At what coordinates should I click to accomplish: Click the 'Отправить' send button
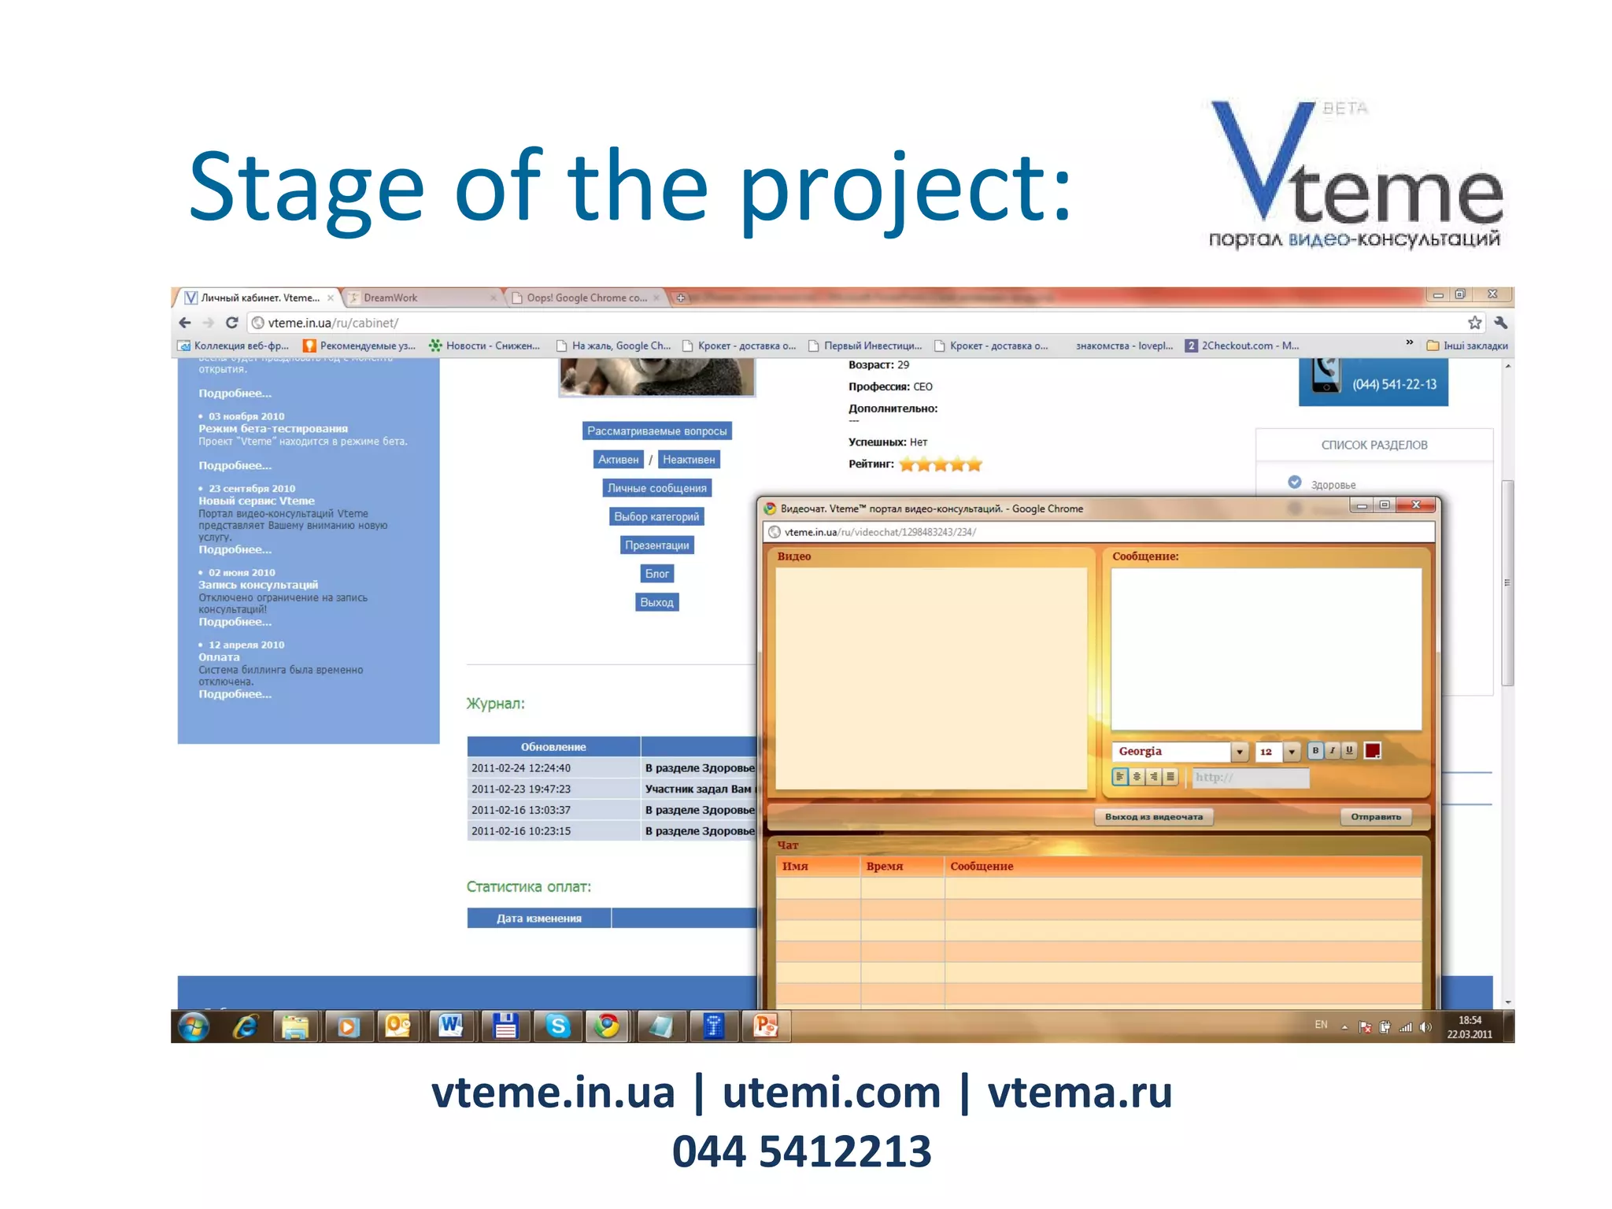coord(1375,817)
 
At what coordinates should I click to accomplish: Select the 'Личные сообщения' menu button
coord(656,488)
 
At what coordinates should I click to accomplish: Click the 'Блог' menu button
coord(656,574)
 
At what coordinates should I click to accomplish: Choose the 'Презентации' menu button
coord(656,545)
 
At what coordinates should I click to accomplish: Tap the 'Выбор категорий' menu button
coord(656,516)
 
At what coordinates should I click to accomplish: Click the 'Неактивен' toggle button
coord(689,460)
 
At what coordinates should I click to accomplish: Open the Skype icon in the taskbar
coord(558,1026)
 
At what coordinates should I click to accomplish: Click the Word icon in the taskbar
coord(451,1026)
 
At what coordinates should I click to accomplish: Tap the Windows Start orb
coord(194,1026)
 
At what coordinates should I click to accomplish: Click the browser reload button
coord(231,323)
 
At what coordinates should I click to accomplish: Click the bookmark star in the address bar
coord(1474,323)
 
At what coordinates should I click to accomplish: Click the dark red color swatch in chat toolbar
coord(1372,751)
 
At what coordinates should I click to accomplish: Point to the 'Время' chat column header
coord(885,867)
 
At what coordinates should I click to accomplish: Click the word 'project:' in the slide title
coord(905,189)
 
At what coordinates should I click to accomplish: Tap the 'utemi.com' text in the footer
coord(831,1093)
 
